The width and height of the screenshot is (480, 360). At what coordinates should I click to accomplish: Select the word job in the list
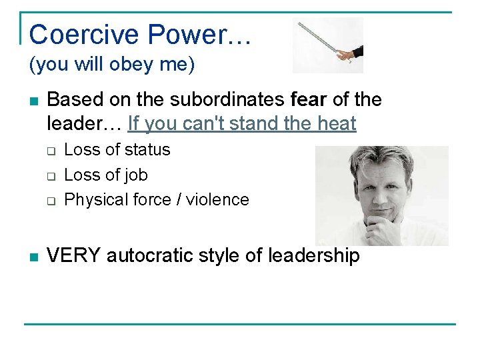tap(136, 175)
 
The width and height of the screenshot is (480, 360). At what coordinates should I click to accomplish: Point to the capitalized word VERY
tap(74, 256)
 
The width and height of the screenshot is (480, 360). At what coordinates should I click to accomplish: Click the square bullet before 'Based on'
tap(33, 101)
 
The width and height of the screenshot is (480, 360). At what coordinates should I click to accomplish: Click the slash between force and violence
tap(177, 200)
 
